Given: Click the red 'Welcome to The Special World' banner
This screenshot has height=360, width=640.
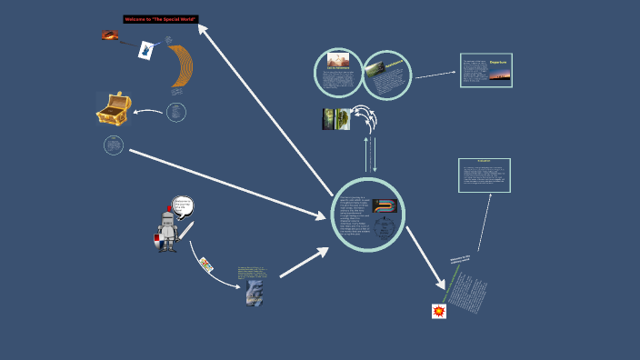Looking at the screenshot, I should (x=161, y=19).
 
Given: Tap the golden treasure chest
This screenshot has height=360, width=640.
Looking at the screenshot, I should (x=113, y=110).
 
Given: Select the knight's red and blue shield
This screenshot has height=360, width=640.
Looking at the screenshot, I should (x=158, y=241).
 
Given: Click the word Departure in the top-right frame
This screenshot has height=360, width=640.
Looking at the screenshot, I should (x=498, y=63).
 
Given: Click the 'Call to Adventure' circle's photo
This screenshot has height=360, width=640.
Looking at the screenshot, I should (x=338, y=60).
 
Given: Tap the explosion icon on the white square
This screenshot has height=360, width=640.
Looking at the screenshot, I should (x=439, y=311).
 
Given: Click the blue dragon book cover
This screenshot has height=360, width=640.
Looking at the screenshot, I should (x=254, y=293).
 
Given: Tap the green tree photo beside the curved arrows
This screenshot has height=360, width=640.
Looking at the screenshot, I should (x=335, y=119).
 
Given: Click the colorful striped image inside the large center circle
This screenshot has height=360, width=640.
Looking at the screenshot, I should (x=385, y=206).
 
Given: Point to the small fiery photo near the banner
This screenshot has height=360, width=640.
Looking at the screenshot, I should (x=109, y=35).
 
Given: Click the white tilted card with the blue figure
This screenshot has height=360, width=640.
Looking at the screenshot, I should (x=145, y=51).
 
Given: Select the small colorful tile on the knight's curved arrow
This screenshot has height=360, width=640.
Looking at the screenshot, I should (x=205, y=265).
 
